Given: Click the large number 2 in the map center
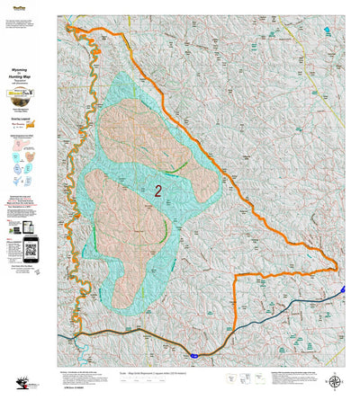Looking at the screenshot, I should (157, 191).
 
